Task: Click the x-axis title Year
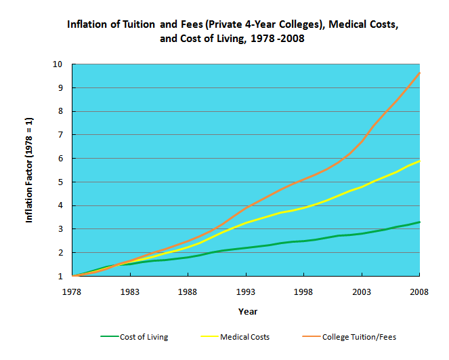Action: (x=247, y=311)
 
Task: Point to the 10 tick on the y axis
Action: (x=58, y=64)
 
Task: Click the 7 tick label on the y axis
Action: (x=61, y=135)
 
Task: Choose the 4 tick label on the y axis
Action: (x=61, y=205)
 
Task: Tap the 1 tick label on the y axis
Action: (x=61, y=277)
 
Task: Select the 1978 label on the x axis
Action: (x=72, y=292)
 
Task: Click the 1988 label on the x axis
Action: (x=188, y=292)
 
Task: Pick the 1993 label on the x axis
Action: (x=246, y=292)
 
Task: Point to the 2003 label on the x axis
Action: (x=362, y=292)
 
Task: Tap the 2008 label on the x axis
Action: (x=419, y=292)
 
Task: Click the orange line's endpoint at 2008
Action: (x=419, y=73)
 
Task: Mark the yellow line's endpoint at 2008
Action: (x=419, y=161)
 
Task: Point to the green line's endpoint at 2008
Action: (x=419, y=222)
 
